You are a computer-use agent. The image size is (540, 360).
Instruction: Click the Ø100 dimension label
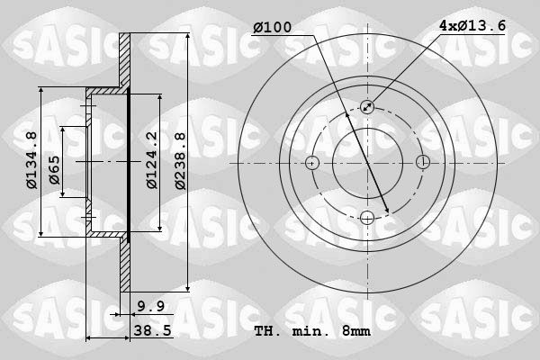click(x=274, y=28)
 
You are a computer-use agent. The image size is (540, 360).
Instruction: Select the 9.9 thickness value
click(x=149, y=307)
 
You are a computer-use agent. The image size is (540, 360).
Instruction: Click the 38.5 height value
click(x=154, y=331)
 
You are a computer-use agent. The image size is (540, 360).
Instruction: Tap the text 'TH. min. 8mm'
click(x=311, y=331)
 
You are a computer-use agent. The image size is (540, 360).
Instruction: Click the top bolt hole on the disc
click(x=367, y=107)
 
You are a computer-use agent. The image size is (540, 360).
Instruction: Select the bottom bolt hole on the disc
click(x=367, y=217)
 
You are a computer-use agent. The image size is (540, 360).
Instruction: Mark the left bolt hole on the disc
click(x=312, y=163)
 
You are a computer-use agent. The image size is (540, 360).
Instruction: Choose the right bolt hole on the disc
click(x=422, y=163)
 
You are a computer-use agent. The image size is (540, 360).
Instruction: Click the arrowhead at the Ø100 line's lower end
click(x=387, y=211)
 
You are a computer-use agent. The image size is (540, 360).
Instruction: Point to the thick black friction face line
click(x=129, y=162)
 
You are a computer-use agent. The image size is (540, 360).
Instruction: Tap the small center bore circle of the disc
click(x=367, y=163)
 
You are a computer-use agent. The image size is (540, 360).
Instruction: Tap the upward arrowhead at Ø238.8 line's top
click(x=187, y=37)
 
